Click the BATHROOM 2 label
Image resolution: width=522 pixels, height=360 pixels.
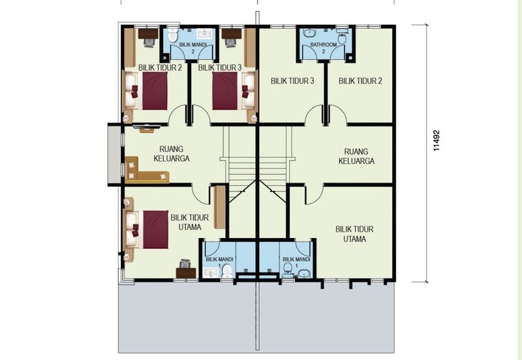[324, 48]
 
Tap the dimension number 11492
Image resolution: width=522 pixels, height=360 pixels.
[437, 140]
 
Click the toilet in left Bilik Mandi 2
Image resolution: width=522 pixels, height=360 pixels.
[172, 35]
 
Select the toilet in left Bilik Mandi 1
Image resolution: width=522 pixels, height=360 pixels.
[227, 271]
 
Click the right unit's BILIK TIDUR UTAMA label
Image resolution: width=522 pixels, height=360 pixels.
[354, 234]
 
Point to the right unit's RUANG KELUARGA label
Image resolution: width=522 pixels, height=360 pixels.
[356, 157]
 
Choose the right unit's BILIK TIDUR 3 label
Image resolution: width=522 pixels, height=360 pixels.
[292, 81]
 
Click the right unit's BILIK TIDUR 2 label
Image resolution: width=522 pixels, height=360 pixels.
[360, 81]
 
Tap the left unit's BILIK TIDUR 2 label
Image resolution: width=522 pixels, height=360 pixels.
[160, 68]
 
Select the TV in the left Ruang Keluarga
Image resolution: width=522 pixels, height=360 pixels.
[146, 127]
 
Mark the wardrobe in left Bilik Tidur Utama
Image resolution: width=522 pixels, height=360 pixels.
[220, 207]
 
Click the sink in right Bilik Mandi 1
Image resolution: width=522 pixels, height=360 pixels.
[303, 273]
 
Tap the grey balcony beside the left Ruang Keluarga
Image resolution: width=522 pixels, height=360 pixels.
[113, 155]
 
